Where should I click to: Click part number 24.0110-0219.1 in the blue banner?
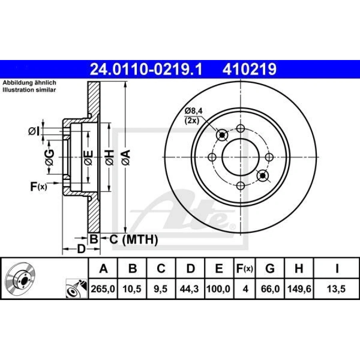point(146,69)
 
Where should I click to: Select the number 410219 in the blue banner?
point(249,69)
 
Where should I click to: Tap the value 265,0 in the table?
point(103,289)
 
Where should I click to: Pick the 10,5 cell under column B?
point(132,289)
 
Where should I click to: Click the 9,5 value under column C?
point(161,289)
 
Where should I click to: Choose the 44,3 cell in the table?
point(190,289)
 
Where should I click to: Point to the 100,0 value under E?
point(218,289)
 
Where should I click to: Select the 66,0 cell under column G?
point(270,289)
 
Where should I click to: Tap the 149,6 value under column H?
point(299,289)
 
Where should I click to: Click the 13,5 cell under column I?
point(336,289)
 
